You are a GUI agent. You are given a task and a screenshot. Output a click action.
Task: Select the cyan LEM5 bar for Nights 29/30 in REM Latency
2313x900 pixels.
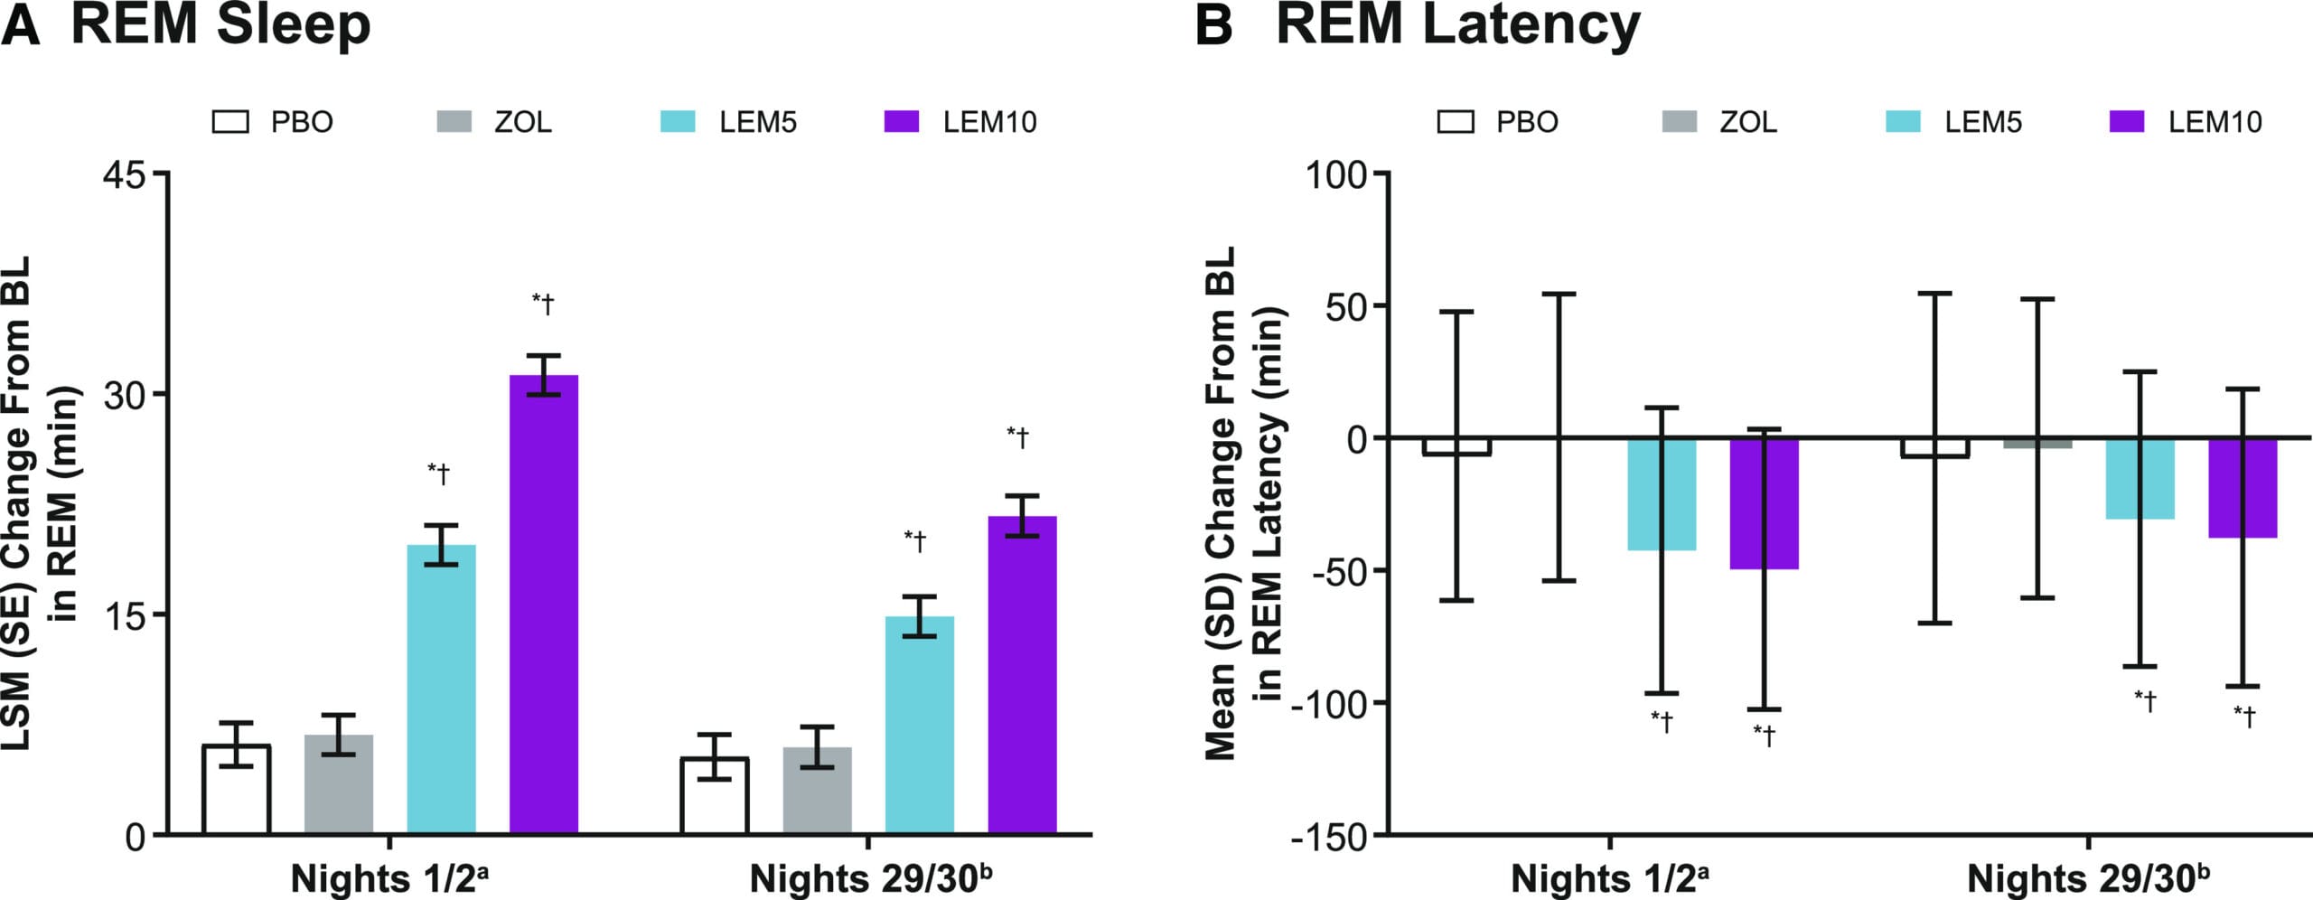pyautogui.click(x=2140, y=479)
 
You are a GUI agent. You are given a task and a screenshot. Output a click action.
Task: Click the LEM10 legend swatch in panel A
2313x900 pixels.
pyautogui.click(x=901, y=122)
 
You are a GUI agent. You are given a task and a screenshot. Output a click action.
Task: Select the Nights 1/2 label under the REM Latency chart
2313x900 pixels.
pyautogui.click(x=1609, y=878)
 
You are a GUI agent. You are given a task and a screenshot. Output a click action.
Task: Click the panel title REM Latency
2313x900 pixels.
pyautogui.click(x=1456, y=24)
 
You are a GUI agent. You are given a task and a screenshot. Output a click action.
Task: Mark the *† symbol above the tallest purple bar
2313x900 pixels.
pyautogui.click(x=543, y=304)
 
